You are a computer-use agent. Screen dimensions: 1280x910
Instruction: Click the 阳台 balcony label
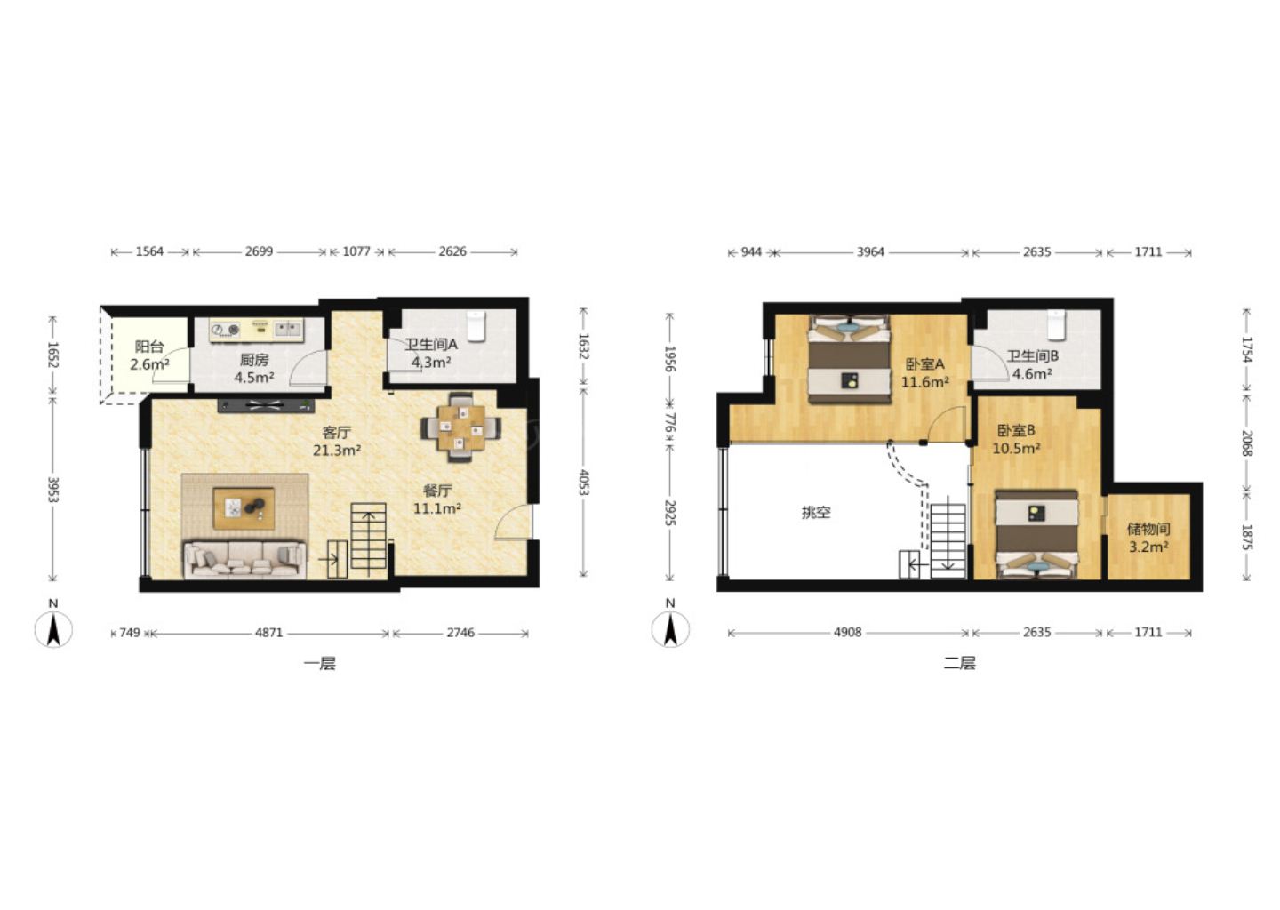[149, 347]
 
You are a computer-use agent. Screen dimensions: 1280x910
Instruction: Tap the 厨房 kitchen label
[253, 360]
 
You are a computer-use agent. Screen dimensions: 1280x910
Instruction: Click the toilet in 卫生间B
[1057, 325]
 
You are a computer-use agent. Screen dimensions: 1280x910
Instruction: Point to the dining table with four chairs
[461, 427]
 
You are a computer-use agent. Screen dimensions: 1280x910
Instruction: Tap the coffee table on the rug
[244, 507]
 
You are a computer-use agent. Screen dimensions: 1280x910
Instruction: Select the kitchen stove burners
[225, 330]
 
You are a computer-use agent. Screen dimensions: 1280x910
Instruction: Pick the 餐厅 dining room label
[437, 491]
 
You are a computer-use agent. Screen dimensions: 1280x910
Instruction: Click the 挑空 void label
[815, 513]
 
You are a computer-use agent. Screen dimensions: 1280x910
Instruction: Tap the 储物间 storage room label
[1148, 529]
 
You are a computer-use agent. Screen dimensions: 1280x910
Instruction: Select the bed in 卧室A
[850, 358]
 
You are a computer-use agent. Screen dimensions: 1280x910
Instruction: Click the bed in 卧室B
[1036, 535]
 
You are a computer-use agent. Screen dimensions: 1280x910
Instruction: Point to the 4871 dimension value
[269, 633]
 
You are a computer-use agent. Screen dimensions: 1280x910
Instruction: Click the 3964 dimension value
[870, 251]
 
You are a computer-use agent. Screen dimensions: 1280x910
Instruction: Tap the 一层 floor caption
[319, 663]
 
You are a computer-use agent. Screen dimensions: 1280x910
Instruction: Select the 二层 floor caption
[959, 663]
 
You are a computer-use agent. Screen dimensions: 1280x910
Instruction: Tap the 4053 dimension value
[583, 482]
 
